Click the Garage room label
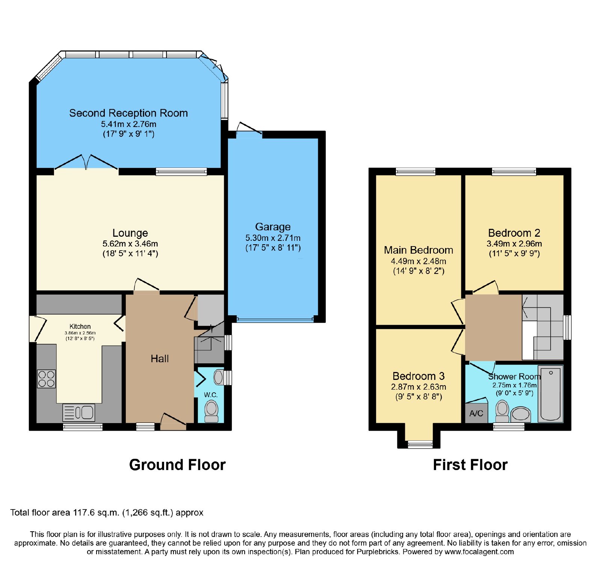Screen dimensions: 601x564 [273, 227]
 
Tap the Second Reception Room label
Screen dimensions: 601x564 [128, 113]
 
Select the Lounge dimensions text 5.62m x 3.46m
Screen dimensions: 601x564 [130, 243]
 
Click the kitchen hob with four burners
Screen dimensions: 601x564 [46, 379]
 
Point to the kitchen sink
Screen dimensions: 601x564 [79, 413]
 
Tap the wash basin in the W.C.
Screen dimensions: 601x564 [219, 378]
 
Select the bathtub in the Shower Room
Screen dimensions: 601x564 [550, 393]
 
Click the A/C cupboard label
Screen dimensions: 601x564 [476, 414]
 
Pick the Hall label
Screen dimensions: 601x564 [160, 359]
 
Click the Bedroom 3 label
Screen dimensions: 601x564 [418, 376]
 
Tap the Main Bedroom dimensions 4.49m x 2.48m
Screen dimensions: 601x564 [418, 261]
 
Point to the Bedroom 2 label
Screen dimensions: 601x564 [514, 233]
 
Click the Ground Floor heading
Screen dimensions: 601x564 [177, 465]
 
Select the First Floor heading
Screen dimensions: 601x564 [470, 465]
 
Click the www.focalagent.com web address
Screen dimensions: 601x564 [479, 552]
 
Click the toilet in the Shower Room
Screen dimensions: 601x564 [502, 411]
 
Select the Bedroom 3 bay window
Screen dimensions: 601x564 [420, 445]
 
